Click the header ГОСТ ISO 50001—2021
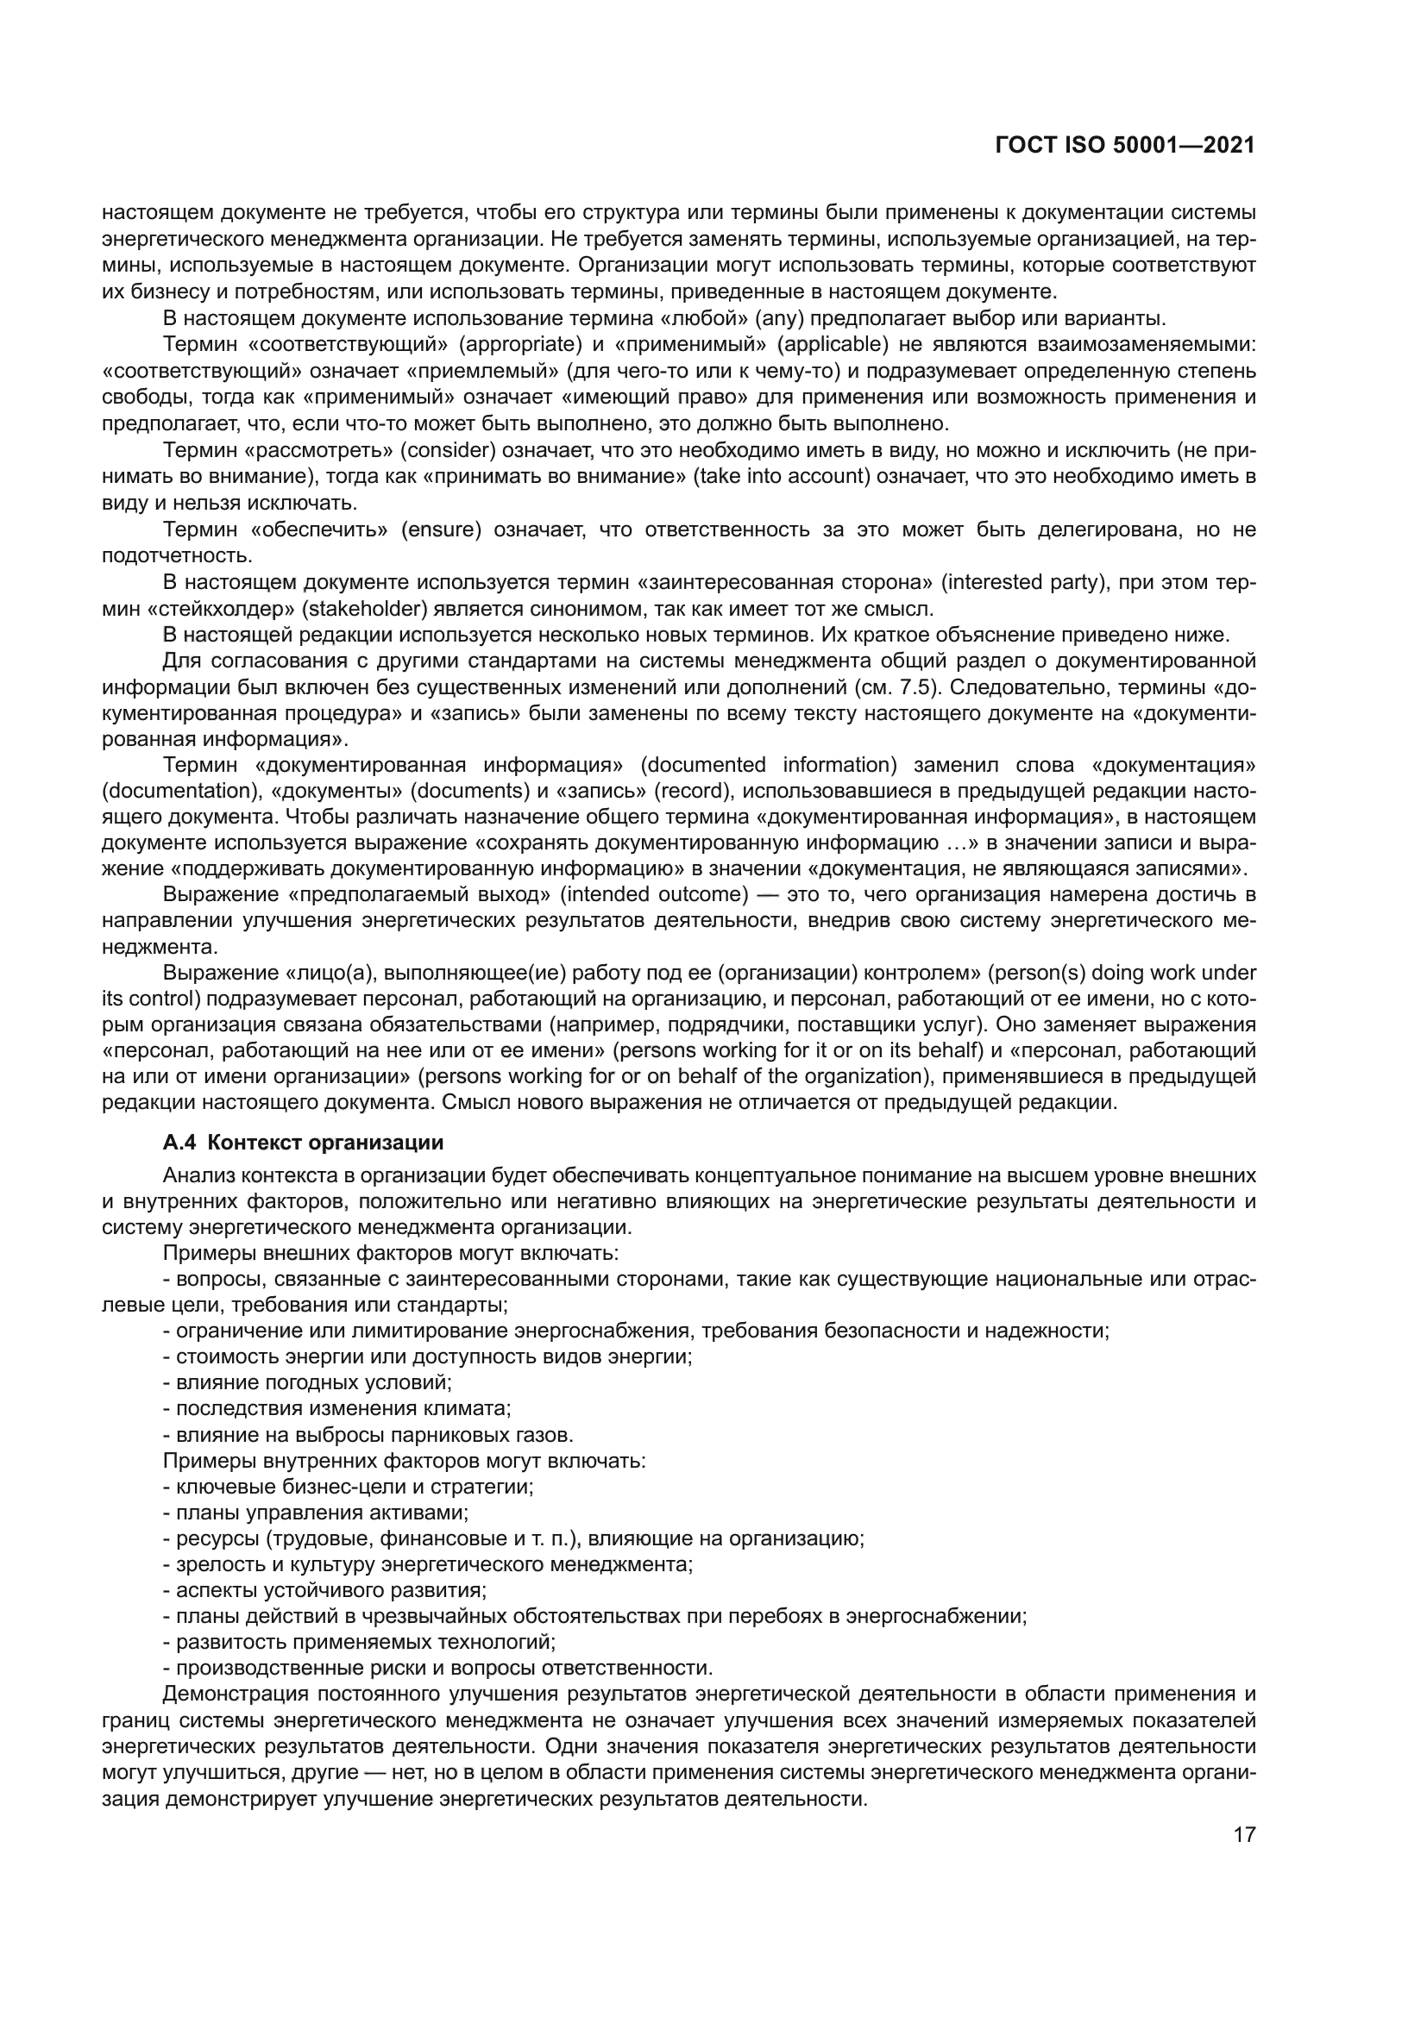coord(1124,145)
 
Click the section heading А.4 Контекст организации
coord(303,1143)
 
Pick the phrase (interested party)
coord(1024,582)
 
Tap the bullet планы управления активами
coord(317,1513)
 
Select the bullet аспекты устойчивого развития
coord(325,1591)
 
